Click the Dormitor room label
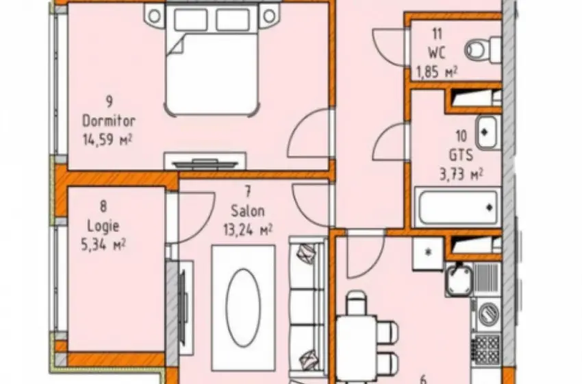[108, 121]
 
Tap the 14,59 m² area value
[107, 140]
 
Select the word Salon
[248, 211]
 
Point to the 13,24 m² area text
[248, 230]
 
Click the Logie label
[103, 226]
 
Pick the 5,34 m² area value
[103, 245]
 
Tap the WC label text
[437, 53]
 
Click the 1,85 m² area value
[437, 72]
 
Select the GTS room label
[461, 155]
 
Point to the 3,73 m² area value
[461, 174]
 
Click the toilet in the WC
[483, 50]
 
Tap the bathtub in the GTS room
[457, 206]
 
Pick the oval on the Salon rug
[244, 308]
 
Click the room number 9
[109, 101]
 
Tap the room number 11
[438, 34]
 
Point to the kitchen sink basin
[459, 280]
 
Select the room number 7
[248, 191]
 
